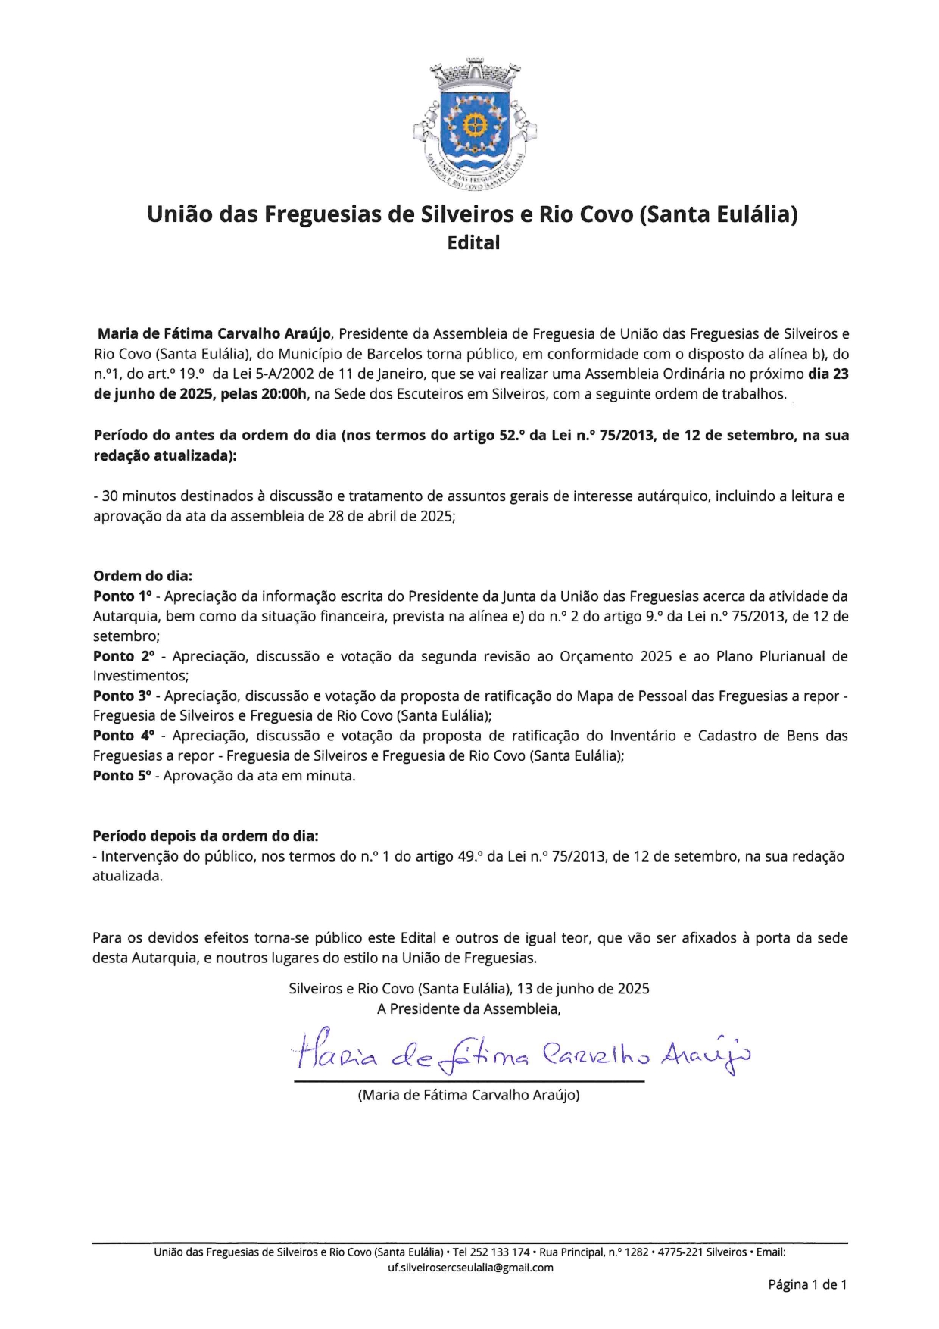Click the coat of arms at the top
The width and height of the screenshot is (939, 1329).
(475, 125)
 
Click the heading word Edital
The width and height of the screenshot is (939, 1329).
(473, 243)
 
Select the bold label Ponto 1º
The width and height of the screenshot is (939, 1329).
(123, 596)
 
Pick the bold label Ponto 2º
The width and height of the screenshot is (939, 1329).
(123, 656)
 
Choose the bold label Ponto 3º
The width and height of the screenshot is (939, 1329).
(123, 696)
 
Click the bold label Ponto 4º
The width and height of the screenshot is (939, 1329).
(123, 736)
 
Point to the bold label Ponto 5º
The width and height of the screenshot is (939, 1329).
(123, 776)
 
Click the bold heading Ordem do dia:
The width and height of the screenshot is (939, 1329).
(142, 576)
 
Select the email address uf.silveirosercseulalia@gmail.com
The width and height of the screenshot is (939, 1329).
(470, 1268)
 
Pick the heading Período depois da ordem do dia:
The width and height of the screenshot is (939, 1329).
(205, 836)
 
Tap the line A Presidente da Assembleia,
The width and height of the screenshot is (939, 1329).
(469, 1009)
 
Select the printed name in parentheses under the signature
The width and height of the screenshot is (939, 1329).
(469, 1095)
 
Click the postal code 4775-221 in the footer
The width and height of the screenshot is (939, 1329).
(680, 1252)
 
